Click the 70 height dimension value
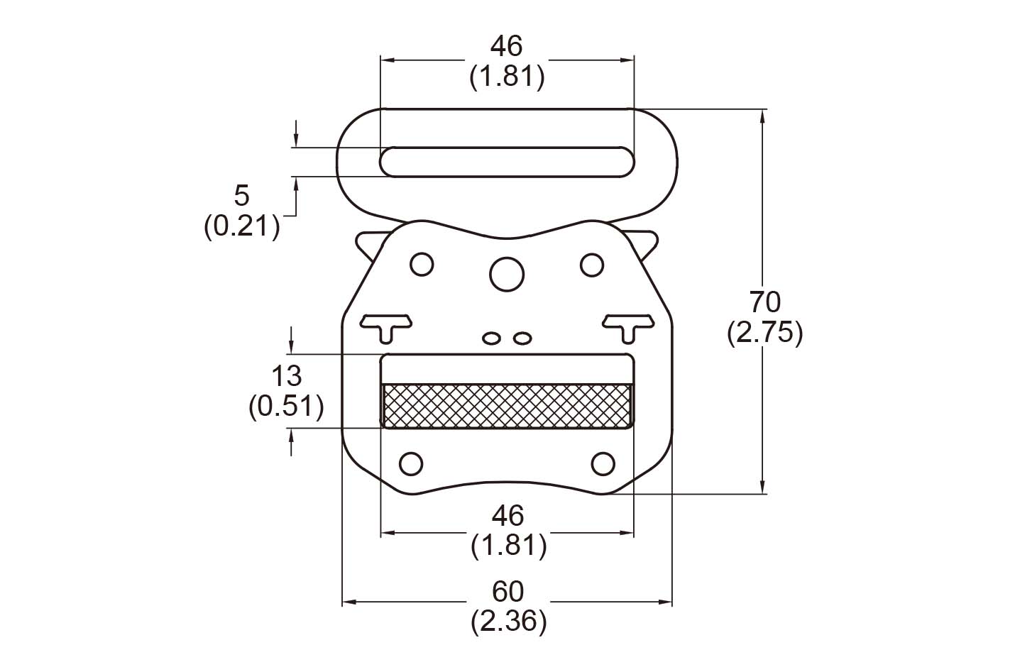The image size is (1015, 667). point(764,302)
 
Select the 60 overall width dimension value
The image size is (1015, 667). point(507,590)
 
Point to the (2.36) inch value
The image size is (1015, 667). point(508,622)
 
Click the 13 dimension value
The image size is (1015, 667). point(286,375)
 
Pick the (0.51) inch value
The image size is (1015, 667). point(286,406)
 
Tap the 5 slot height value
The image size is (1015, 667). point(241,195)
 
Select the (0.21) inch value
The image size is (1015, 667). point(241,226)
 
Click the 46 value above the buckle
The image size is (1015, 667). point(507,46)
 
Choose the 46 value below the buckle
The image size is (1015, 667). point(507,514)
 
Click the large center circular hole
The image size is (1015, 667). point(507,272)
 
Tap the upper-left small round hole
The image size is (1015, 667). point(421,264)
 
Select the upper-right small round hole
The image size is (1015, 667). point(591,264)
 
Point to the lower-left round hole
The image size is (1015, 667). point(411,463)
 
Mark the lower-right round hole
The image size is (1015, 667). point(603,463)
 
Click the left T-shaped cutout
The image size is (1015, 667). point(386,325)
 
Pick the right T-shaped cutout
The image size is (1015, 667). point(627,325)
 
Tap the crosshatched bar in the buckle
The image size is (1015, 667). point(507,405)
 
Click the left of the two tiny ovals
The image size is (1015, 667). point(490,338)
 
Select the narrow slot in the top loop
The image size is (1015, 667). point(507,161)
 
